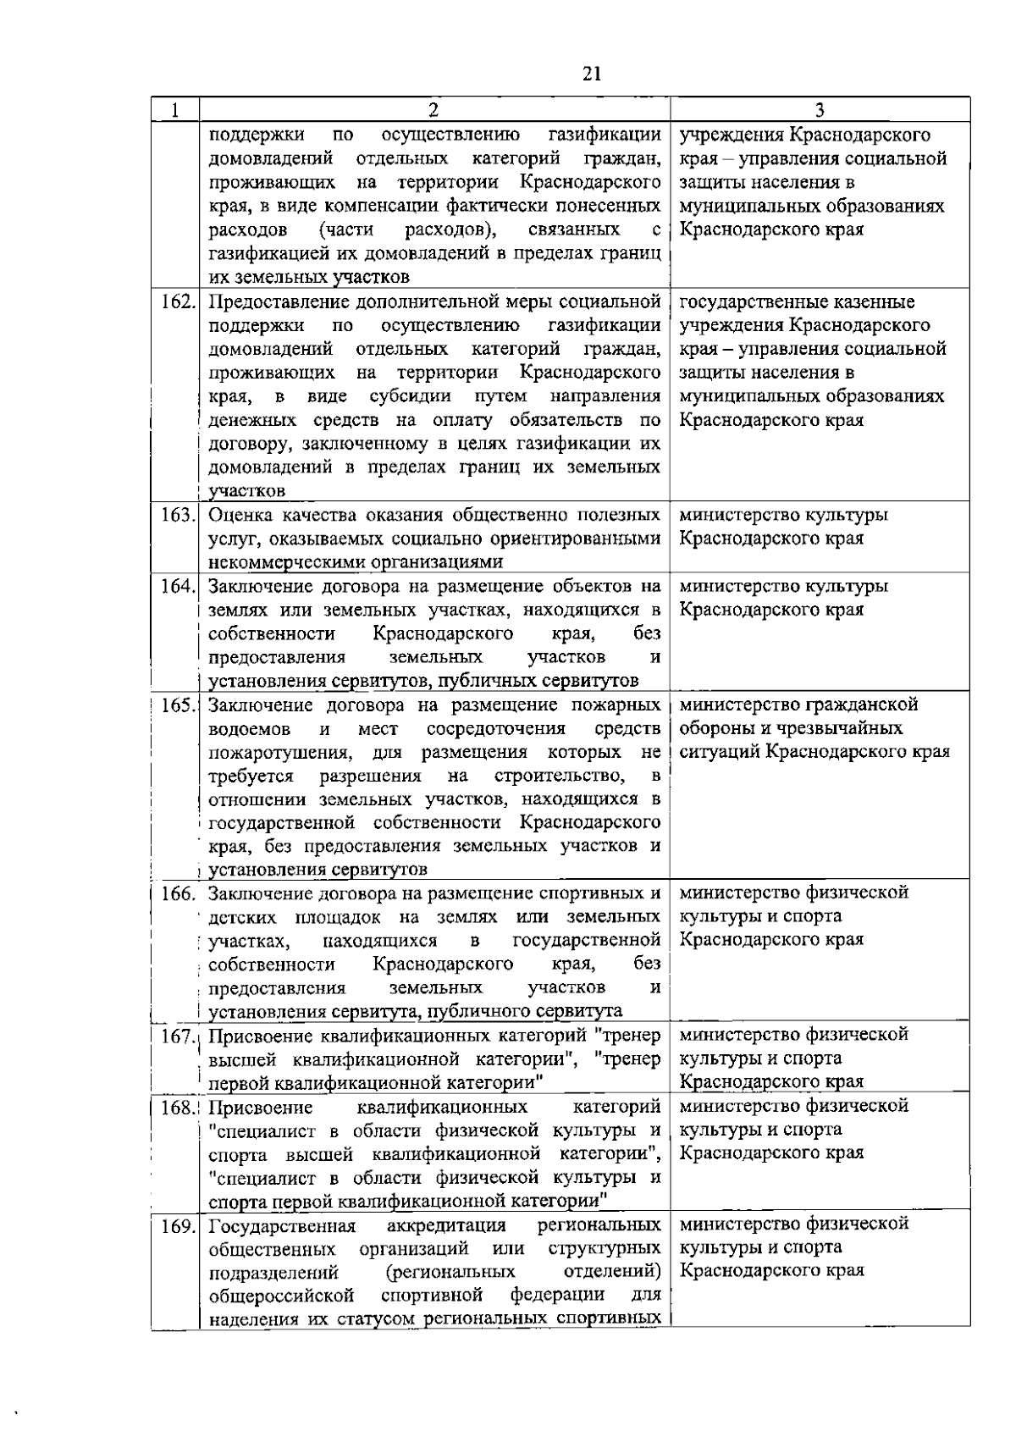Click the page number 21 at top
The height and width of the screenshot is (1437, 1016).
[x=592, y=74]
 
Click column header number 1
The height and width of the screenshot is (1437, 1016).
[x=174, y=110]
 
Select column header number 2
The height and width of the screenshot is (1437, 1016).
[x=433, y=110]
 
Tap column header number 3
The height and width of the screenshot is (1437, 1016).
[x=820, y=110]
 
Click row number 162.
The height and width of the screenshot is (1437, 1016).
[x=178, y=302]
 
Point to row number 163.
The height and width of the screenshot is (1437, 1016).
[x=178, y=515]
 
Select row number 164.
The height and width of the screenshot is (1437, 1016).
[x=178, y=586]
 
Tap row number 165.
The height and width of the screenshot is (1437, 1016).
[x=178, y=705]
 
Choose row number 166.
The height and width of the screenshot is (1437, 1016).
[x=178, y=893]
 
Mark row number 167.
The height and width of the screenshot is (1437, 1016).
[x=178, y=1036]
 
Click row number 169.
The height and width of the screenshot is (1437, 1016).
[x=178, y=1225]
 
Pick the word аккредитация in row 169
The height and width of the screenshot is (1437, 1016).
[x=446, y=1225]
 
